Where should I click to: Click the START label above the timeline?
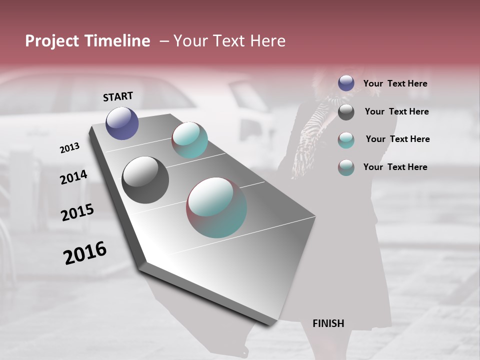pyautogui.click(x=118, y=96)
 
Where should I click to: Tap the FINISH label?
pyautogui.click(x=328, y=323)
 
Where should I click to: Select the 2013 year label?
pyautogui.click(x=69, y=148)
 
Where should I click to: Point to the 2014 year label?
pyautogui.click(x=73, y=177)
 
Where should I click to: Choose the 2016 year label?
pyautogui.click(x=85, y=253)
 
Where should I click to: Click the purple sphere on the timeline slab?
pyautogui.click(x=122, y=123)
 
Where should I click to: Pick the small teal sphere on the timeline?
pyautogui.click(x=190, y=140)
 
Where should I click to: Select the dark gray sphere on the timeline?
pyautogui.click(x=145, y=180)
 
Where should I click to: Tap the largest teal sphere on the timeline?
pyautogui.click(x=216, y=207)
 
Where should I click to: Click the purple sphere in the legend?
pyautogui.click(x=346, y=83)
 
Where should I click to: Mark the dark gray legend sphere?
pyautogui.click(x=346, y=112)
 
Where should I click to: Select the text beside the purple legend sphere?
pyautogui.click(x=395, y=83)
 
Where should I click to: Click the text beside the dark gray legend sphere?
pyautogui.click(x=396, y=111)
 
